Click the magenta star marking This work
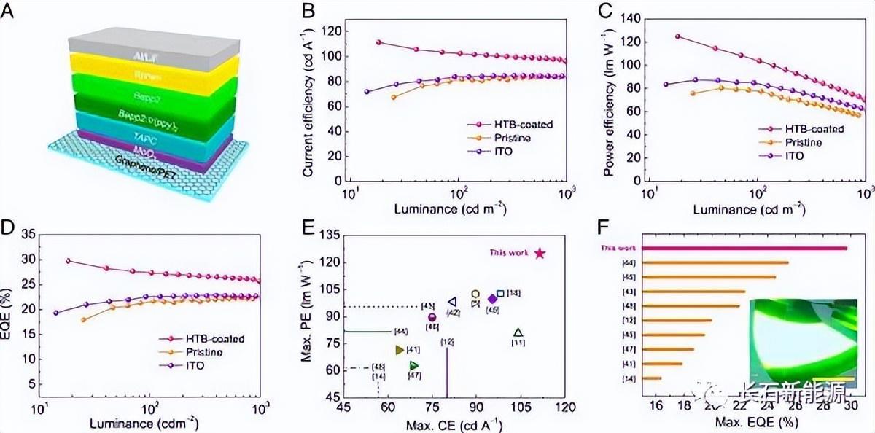(540, 253)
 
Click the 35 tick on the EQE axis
(28, 235)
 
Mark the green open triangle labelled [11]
(518, 333)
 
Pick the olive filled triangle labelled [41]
(399, 350)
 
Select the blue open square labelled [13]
(500, 294)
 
